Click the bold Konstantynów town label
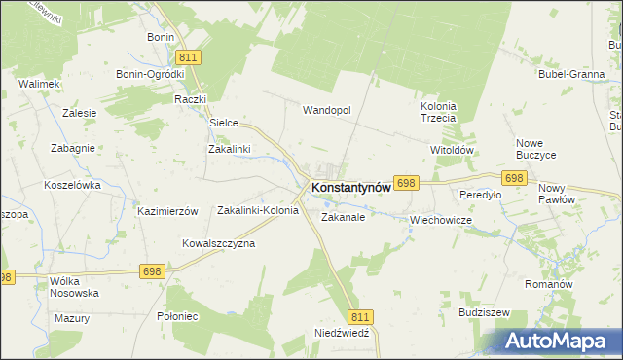coord(350,188)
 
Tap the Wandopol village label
coord(326,110)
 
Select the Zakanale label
coord(343,218)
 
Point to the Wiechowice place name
coord(441,220)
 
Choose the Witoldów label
coord(451,151)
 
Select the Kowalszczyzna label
coord(218,243)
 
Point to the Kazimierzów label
coord(167,211)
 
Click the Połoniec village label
coord(177,316)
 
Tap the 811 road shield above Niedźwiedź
coord(360,317)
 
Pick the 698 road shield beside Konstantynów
coord(407,183)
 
